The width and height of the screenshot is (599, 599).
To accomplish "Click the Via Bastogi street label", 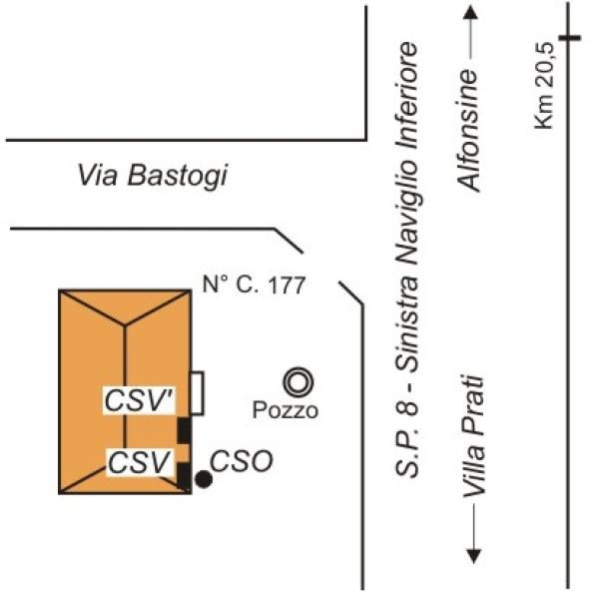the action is point(153,176).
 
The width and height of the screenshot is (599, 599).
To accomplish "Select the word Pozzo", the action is point(286,410).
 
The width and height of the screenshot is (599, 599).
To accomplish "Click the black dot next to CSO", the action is point(204,479).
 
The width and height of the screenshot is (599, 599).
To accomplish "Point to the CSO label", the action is point(242,461).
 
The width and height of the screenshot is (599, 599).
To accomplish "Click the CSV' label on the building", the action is point(140,400).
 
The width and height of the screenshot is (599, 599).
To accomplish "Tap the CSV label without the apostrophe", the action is point(139,462).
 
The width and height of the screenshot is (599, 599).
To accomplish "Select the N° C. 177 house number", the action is point(254,285).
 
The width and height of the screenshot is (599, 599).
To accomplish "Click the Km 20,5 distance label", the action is point(544,85).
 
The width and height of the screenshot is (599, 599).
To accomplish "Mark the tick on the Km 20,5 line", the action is point(569,38).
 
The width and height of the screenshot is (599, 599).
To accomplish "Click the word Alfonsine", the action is point(469,130).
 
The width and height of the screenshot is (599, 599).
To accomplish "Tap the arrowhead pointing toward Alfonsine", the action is point(470,12).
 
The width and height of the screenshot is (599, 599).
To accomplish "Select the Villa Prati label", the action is point(473,437).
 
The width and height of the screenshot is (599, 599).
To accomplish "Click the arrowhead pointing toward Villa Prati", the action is point(473,557).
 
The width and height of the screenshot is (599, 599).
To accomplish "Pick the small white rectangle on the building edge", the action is point(197,393).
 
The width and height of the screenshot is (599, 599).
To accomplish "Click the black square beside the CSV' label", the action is point(184,430).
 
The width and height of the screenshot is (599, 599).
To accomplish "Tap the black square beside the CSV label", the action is point(184,476).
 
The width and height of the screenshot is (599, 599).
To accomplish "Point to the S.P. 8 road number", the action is point(406,439).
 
